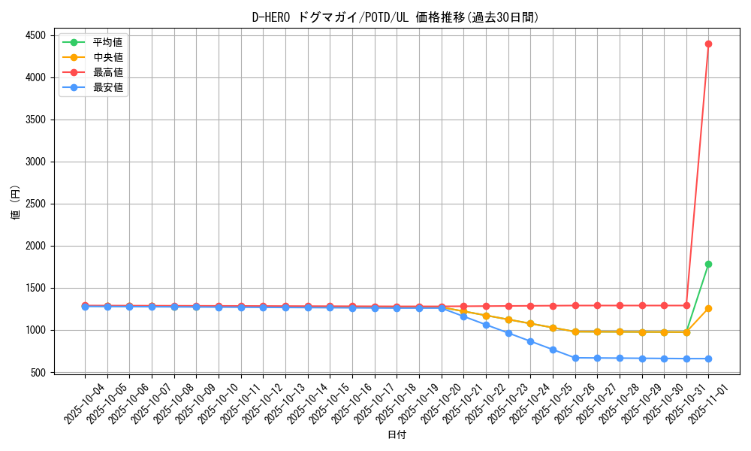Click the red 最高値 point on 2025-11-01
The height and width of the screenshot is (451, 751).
708,44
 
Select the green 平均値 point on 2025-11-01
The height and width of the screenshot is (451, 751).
708,264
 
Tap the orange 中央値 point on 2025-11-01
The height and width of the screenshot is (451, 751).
708,308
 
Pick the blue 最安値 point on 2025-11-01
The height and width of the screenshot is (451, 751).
708,359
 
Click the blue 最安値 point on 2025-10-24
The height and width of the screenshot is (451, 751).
530,341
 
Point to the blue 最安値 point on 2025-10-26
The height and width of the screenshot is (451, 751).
575,358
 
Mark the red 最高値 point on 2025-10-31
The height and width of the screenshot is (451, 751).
686,305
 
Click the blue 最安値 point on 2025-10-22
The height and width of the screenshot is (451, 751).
486,325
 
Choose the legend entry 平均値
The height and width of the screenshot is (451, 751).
107,42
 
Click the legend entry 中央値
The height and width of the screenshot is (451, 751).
107,57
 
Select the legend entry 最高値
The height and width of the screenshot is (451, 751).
107,72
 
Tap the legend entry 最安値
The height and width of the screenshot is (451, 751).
107,87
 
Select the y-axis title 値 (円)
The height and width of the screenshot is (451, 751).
16,204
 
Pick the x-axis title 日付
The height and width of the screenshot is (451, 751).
396,435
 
